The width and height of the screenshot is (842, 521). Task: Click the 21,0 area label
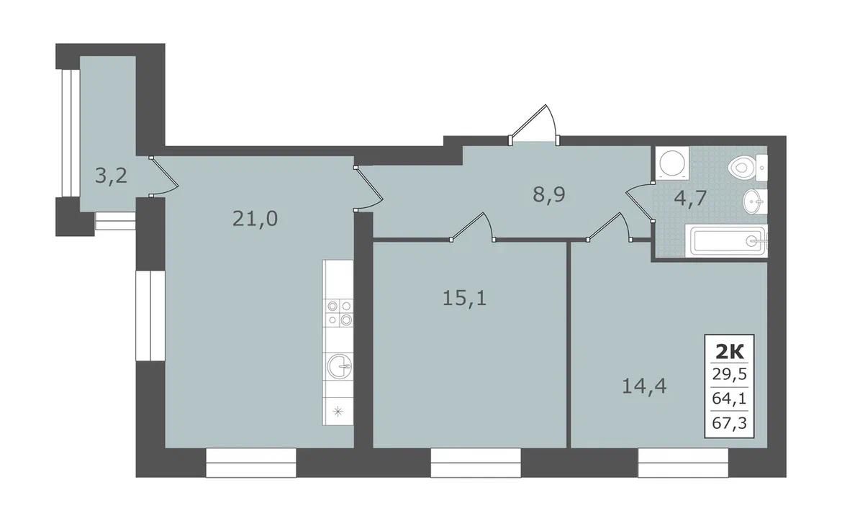(255, 219)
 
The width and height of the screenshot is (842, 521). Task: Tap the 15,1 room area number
(464, 297)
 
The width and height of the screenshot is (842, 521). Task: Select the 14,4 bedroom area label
(644, 386)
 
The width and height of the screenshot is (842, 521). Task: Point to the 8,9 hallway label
(549, 194)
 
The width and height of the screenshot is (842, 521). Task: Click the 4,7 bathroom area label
(690, 198)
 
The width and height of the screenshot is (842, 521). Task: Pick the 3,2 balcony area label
(111, 176)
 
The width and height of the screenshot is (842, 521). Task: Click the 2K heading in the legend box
(730, 352)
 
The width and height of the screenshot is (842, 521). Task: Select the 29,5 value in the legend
(730, 374)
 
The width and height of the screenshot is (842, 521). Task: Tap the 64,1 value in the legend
(730, 399)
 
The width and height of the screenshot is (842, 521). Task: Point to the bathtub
(729, 241)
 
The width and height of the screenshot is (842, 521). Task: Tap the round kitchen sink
(338, 367)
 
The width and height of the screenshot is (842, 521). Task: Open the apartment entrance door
(534, 124)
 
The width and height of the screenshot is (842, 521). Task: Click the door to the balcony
(163, 177)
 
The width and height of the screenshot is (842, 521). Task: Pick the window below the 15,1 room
(476, 463)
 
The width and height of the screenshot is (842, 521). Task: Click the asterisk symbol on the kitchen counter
(338, 412)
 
